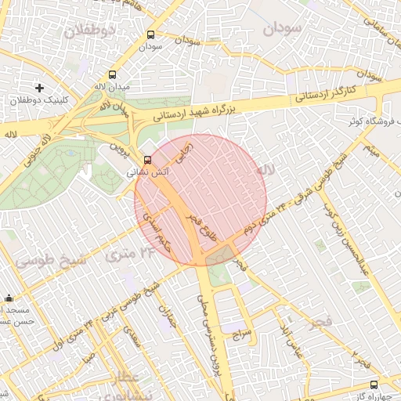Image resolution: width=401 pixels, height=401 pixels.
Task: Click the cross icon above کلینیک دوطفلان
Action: coord(40,87)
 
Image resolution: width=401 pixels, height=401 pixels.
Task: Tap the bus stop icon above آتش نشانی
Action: coord(149,160)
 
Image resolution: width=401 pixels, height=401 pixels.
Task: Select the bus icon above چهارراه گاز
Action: coord(374,385)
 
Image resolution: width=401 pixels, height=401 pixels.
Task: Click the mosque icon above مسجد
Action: coord(9,298)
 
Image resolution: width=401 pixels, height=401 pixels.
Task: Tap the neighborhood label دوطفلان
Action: coord(90,31)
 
